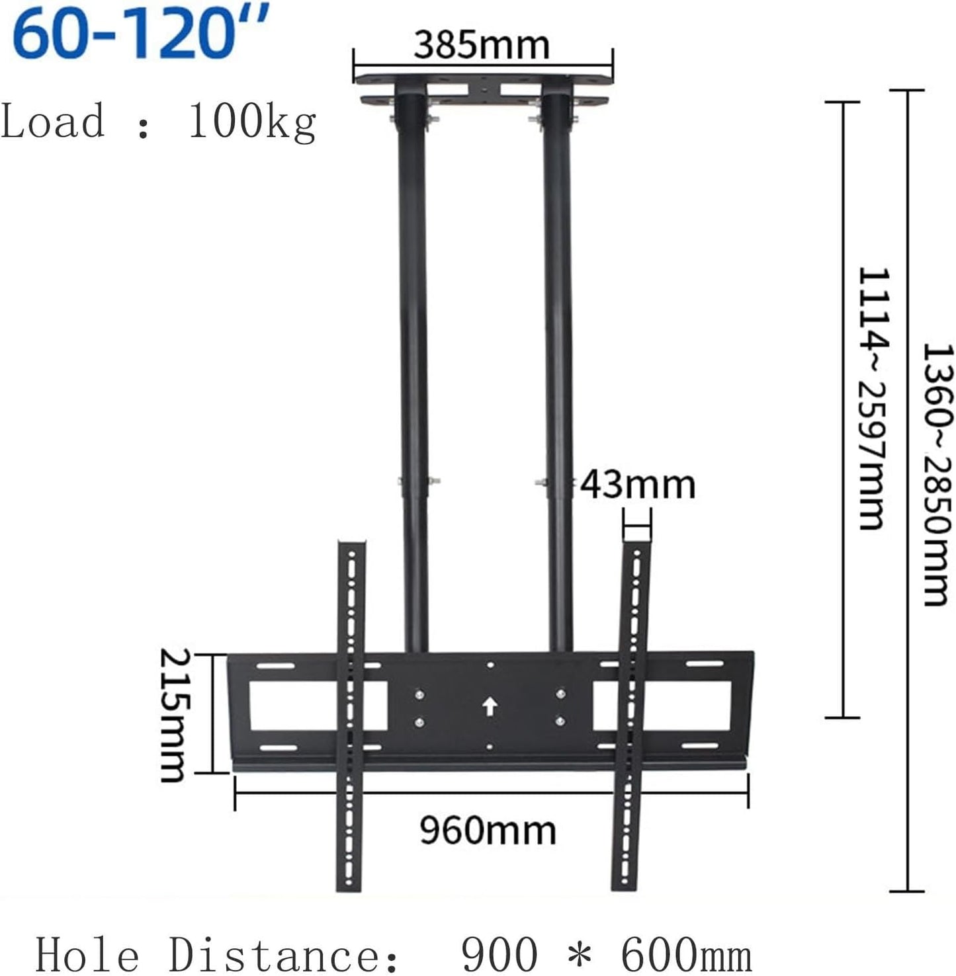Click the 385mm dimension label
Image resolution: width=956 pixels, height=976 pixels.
[481, 45]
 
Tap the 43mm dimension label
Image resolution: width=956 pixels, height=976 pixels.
[638, 485]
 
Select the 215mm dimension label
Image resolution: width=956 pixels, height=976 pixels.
[175, 715]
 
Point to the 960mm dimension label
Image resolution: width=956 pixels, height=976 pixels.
[488, 831]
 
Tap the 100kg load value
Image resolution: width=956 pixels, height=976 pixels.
[252, 122]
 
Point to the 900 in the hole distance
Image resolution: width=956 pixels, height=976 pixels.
[499, 955]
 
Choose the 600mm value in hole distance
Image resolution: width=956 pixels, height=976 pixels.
[685, 955]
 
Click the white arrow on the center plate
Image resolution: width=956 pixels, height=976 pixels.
[490, 706]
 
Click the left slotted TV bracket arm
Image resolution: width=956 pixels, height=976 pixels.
[350, 715]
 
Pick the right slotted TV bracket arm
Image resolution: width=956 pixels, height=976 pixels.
[630, 715]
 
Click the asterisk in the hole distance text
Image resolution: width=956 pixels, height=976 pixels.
[579, 954]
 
